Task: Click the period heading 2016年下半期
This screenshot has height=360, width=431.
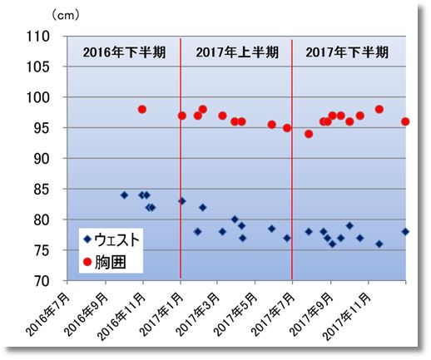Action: click(x=125, y=52)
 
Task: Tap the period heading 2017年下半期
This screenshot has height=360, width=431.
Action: click(x=347, y=52)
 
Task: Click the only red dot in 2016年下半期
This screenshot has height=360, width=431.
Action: click(x=142, y=109)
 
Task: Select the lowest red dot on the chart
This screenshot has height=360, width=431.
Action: click(x=309, y=134)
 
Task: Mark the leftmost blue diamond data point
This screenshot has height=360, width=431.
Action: click(x=124, y=195)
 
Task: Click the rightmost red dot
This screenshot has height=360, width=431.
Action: click(x=405, y=121)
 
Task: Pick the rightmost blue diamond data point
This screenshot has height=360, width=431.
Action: click(x=405, y=232)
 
